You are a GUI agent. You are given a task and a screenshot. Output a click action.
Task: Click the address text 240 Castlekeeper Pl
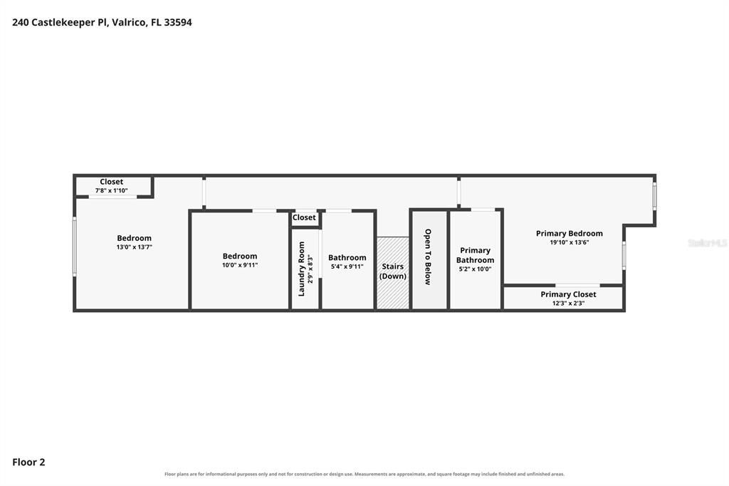tap(60, 22)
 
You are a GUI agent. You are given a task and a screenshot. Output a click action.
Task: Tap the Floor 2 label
tap(28, 462)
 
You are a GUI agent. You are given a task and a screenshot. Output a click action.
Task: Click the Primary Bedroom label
tap(569, 233)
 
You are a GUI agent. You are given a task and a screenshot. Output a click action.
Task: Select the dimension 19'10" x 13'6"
tap(569, 242)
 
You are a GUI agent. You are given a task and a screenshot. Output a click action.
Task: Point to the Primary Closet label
tap(568, 294)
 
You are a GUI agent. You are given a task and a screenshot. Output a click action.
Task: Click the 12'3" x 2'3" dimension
tap(568, 303)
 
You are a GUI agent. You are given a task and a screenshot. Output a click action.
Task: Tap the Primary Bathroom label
tap(475, 255)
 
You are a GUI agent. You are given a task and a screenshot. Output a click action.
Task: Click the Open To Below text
tap(428, 257)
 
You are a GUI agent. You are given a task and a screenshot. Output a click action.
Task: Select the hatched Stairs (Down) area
tap(393, 273)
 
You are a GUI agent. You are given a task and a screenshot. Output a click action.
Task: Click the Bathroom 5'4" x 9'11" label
tap(347, 262)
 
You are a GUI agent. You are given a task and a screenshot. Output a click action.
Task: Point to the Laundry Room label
tap(301, 269)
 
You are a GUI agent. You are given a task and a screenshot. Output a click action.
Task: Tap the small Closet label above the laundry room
tap(304, 217)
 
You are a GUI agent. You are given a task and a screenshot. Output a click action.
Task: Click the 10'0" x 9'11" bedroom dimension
tap(240, 265)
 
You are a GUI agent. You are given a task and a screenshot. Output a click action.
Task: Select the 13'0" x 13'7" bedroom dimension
tap(135, 247)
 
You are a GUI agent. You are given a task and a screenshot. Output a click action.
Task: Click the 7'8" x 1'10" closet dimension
tap(112, 190)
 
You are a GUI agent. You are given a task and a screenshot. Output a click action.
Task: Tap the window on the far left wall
tap(74, 247)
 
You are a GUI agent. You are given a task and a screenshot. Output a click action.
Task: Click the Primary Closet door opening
tap(577, 285)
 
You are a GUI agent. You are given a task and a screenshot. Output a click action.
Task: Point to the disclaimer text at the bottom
tap(364, 474)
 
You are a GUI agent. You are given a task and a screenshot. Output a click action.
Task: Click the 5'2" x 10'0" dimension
tap(475, 269)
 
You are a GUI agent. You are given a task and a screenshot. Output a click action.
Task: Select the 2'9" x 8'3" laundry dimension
tap(310, 269)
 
